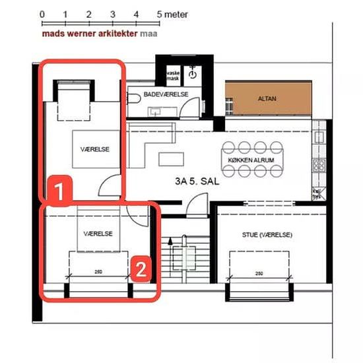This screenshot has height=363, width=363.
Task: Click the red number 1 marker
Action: click(58, 191)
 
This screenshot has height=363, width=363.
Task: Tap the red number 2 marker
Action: click(140, 268)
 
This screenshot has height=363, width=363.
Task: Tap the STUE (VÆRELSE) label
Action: click(267, 234)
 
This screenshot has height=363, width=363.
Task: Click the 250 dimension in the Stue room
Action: click(259, 273)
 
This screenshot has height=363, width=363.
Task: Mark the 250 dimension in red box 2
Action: click(98, 271)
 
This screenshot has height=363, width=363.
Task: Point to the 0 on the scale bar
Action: click(42, 13)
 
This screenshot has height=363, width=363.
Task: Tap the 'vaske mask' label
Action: click(172, 75)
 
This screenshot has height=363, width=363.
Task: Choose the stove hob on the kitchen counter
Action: click(319, 164)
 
